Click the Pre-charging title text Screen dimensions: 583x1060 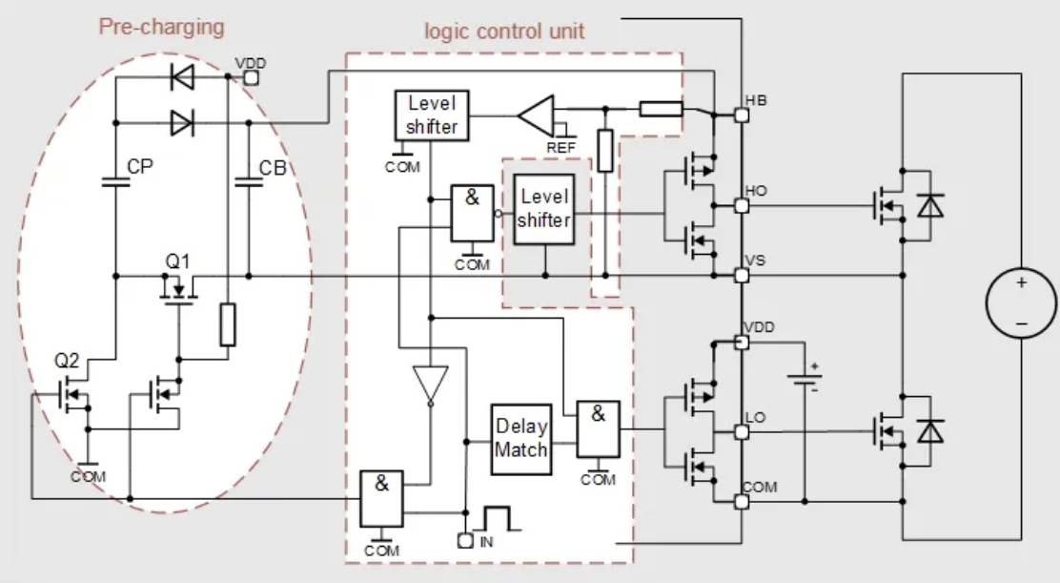click(x=162, y=26)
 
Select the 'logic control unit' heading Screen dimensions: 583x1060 click(x=504, y=31)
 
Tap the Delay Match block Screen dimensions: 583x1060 click(x=520, y=437)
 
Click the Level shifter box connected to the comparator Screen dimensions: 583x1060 click(x=432, y=115)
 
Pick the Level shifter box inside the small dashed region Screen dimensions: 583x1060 click(x=543, y=208)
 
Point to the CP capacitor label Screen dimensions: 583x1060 click(x=140, y=168)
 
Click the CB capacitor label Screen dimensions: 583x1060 click(x=274, y=168)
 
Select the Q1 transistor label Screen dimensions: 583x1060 click(x=179, y=259)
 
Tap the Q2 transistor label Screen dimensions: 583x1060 click(x=68, y=362)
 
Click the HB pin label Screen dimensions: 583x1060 click(x=756, y=100)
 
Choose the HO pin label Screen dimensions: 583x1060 click(x=756, y=192)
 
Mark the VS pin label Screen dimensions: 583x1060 click(x=756, y=260)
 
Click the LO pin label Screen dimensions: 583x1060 click(x=756, y=417)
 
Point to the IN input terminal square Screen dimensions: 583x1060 click(x=464, y=541)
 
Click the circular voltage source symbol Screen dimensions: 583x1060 click(x=1021, y=302)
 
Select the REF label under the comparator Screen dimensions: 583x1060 click(x=561, y=148)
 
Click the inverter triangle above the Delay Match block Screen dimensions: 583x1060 click(x=430, y=385)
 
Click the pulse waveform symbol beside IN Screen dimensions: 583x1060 click(x=503, y=521)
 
